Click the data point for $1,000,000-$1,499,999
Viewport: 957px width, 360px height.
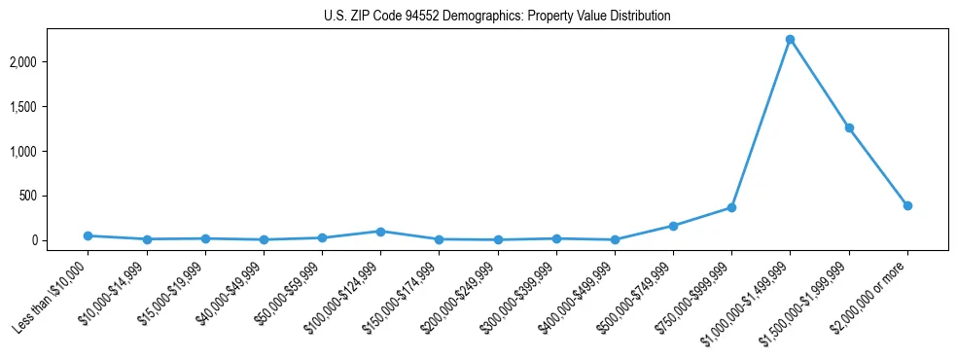click(x=790, y=39)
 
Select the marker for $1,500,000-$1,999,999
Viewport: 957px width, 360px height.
click(x=849, y=127)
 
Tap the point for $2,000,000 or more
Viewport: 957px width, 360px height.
click(x=907, y=205)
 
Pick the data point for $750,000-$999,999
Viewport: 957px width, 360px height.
click(x=731, y=207)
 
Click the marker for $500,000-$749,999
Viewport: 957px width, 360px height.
click(x=673, y=226)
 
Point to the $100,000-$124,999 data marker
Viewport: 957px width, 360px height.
click(x=380, y=232)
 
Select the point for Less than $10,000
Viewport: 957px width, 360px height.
click(x=88, y=235)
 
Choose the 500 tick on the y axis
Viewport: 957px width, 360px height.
click(x=54, y=196)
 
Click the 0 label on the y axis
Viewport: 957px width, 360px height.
click(x=60, y=240)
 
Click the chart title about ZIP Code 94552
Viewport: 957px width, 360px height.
click(x=497, y=17)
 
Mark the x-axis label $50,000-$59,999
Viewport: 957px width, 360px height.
click(x=288, y=295)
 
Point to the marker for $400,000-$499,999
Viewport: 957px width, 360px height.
click(x=615, y=239)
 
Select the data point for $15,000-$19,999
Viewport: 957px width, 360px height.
click(x=204, y=238)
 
